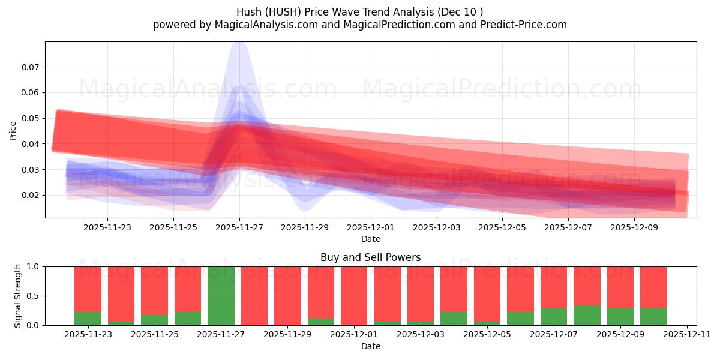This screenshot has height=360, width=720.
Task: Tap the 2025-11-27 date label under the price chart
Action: pyautogui.click(x=239, y=227)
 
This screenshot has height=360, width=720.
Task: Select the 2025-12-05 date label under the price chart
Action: pyautogui.click(x=503, y=227)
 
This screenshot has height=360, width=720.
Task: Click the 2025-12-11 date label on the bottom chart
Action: pyautogui.click(x=686, y=335)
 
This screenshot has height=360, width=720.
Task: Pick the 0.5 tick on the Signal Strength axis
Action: pyautogui.click(x=34, y=296)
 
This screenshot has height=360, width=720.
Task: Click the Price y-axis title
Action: pyautogui.click(x=13, y=131)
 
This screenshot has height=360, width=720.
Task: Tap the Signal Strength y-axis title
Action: pyautogui.click(x=18, y=296)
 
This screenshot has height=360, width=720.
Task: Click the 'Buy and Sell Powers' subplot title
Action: pyautogui.click(x=370, y=257)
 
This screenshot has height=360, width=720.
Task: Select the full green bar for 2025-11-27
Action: pyautogui.click(x=221, y=296)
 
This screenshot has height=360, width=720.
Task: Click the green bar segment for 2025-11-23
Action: pyautogui.click(x=88, y=319)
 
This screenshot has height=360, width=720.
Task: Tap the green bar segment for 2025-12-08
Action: pyautogui.click(x=587, y=316)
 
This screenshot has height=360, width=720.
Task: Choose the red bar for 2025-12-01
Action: pyautogui.click(x=354, y=296)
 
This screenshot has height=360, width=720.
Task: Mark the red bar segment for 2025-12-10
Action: pyautogui.click(x=653, y=287)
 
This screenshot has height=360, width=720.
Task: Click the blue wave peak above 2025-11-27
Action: pyautogui.click(x=239, y=44)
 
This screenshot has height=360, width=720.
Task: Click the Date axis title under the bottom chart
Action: pyautogui.click(x=370, y=346)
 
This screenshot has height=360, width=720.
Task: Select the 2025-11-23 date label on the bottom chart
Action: pyautogui.click(x=88, y=335)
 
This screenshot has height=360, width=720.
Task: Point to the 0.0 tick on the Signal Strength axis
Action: pyautogui.click(x=34, y=325)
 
